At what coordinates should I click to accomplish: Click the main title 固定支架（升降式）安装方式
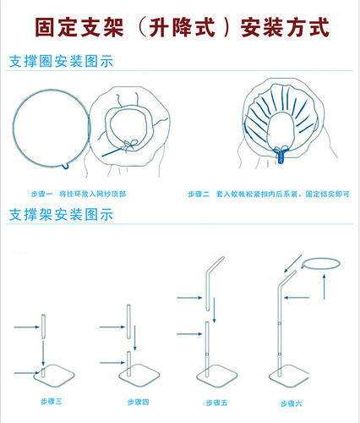click(180, 28)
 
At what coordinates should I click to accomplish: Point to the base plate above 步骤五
click(212, 377)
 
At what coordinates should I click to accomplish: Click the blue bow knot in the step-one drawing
click(129, 145)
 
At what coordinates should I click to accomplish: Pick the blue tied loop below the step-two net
click(282, 154)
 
